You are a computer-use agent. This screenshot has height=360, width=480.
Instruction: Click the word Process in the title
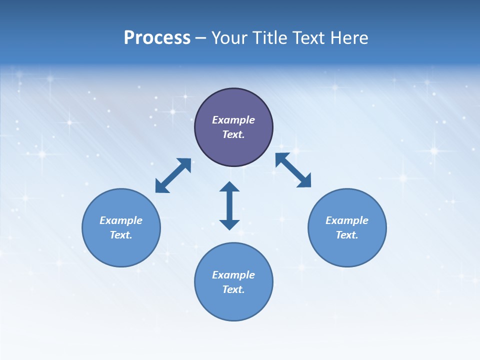[157, 38]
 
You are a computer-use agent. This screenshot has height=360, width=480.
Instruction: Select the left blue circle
[121, 250]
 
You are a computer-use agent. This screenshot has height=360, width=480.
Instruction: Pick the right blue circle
[347, 250]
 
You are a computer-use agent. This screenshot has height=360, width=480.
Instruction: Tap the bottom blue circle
[233, 305]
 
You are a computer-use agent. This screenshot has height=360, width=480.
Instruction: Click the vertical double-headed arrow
[229, 205]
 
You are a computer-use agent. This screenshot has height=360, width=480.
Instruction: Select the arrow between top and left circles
[173, 175]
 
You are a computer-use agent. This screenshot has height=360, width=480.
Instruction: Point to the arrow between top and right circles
[293, 170]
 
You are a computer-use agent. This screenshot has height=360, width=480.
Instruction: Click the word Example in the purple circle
[233, 120]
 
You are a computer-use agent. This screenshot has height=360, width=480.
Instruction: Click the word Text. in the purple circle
[233, 134]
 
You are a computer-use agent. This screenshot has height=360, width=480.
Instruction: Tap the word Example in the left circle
[121, 220]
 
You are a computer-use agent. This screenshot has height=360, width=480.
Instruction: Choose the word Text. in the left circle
[121, 235]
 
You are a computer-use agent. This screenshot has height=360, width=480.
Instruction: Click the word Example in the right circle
[347, 220]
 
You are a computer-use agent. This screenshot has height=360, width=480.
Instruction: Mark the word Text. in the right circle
[347, 235]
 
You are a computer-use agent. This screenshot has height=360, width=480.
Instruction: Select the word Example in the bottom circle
[233, 275]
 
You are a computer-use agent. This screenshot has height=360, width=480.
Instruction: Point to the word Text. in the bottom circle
[233, 289]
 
